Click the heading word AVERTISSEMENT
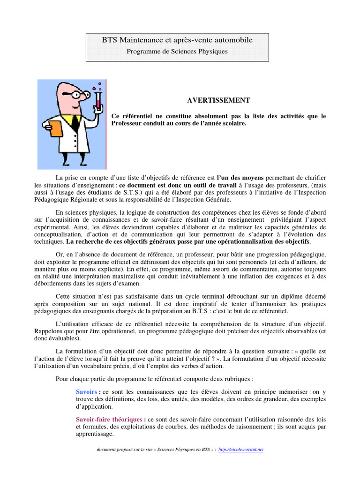(212, 100)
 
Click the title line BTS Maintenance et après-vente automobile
(177, 40)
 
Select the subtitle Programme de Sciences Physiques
(177, 52)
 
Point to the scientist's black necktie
(75, 123)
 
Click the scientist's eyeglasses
(78, 94)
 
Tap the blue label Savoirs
(87, 391)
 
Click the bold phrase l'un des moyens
(240, 178)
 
